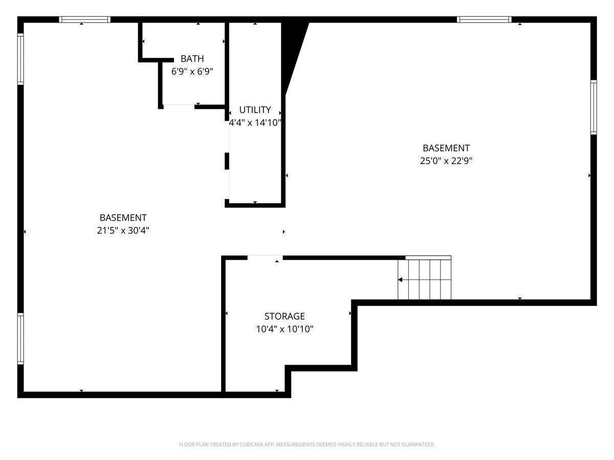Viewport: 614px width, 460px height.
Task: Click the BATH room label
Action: (192, 59)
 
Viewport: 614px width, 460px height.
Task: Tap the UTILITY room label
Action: (255, 110)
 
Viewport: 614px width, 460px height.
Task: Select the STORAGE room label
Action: (284, 316)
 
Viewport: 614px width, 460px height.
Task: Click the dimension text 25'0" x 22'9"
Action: (446, 160)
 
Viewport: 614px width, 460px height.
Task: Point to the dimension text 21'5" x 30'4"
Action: (123, 231)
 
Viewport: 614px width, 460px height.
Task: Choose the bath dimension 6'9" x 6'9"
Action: (192, 72)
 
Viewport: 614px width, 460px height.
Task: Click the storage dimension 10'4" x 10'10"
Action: (284, 329)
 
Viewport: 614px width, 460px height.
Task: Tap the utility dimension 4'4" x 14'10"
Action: (255, 123)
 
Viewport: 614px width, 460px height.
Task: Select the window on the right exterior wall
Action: (594, 107)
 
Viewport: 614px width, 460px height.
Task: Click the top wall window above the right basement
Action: (484, 20)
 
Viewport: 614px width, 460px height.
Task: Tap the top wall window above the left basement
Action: (85, 20)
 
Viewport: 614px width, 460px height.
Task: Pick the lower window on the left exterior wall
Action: (20, 338)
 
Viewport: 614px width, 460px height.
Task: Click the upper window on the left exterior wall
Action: (20, 59)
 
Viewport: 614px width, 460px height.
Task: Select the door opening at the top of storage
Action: (265, 258)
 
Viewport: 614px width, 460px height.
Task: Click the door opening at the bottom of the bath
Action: (179, 106)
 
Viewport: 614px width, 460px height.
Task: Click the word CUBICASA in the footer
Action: (251, 445)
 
